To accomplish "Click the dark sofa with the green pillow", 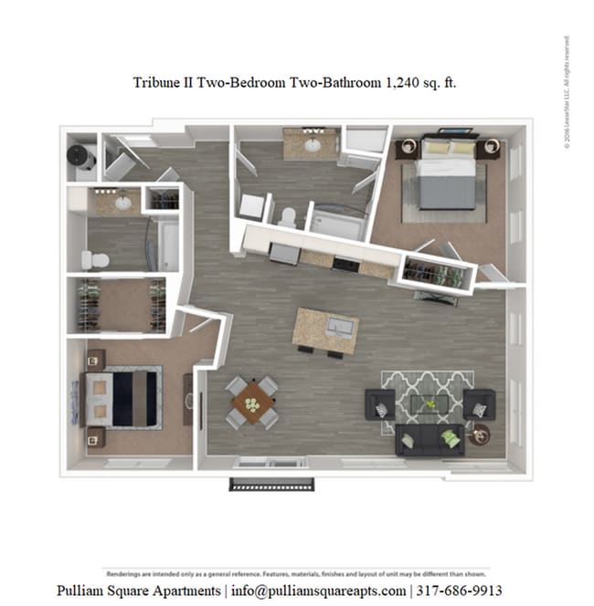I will coord(430,440).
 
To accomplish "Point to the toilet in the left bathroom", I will coord(96,260).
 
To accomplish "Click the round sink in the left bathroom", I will coord(122,202).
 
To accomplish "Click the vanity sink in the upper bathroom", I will coord(312,144).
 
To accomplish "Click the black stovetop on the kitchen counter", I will coord(345,265).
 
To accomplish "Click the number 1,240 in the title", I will coord(403,82).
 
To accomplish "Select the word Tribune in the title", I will coord(158,82).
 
